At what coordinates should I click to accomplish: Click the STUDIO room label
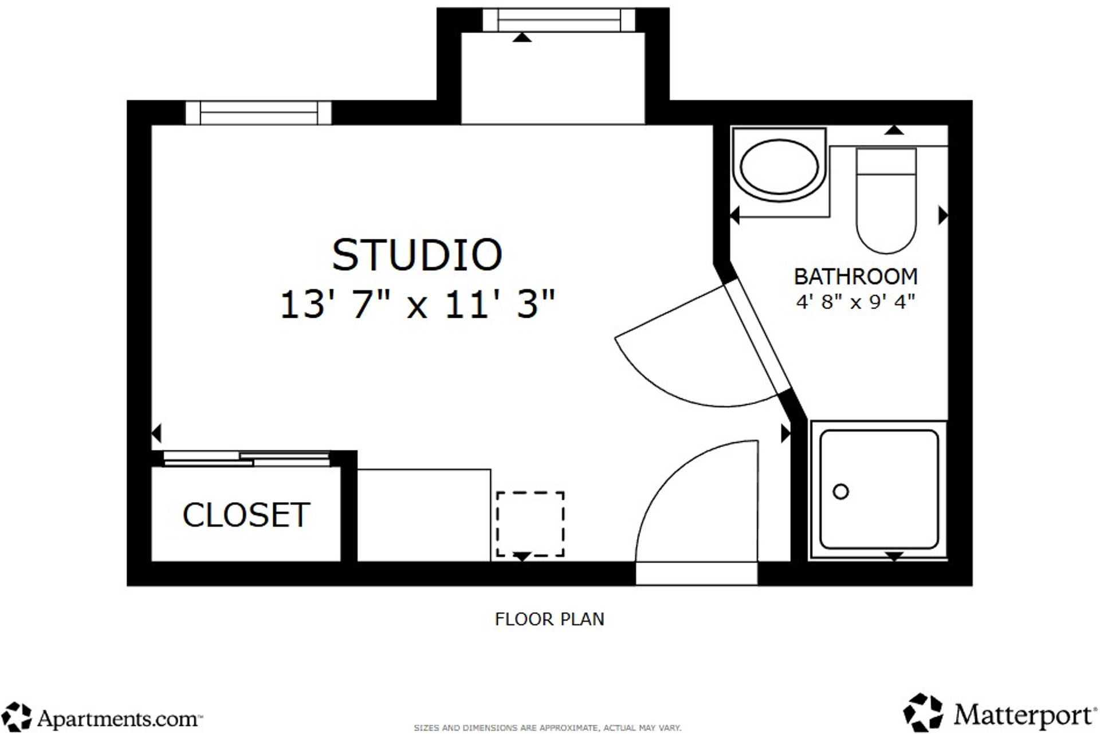[x=417, y=255]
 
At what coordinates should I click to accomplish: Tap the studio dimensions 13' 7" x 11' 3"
[x=417, y=304]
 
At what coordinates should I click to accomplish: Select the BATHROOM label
[x=855, y=277]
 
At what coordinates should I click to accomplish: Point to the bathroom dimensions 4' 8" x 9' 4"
[x=855, y=302]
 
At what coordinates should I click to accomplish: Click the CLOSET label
[x=246, y=515]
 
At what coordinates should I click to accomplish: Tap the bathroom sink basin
[x=779, y=166]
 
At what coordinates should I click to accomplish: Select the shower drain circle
[x=840, y=491]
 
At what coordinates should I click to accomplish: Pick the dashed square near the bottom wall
[x=530, y=524]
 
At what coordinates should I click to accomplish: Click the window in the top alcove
[x=559, y=21]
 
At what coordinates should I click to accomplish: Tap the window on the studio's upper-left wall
[x=258, y=113]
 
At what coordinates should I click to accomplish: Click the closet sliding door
[x=246, y=459]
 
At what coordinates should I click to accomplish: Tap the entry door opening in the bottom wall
[x=696, y=573]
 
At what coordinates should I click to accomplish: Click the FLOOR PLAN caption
[x=549, y=619]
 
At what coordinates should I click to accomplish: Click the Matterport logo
[x=999, y=714]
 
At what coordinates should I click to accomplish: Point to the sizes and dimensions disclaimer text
[x=547, y=728]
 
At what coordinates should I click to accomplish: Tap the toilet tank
[x=886, y=161]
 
